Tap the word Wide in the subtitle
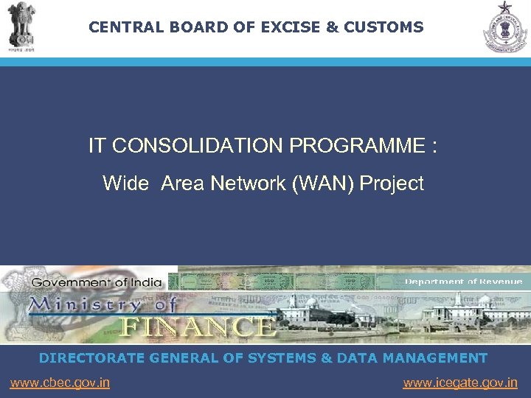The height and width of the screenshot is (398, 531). [x=125, y=184]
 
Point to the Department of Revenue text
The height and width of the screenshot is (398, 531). [x=463, y=282]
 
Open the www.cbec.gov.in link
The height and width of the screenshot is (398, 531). [x=60, y=383]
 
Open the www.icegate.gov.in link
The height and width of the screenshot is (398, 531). [x=460, y=383]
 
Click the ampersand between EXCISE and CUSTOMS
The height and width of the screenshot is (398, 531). [x=331, y=28]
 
